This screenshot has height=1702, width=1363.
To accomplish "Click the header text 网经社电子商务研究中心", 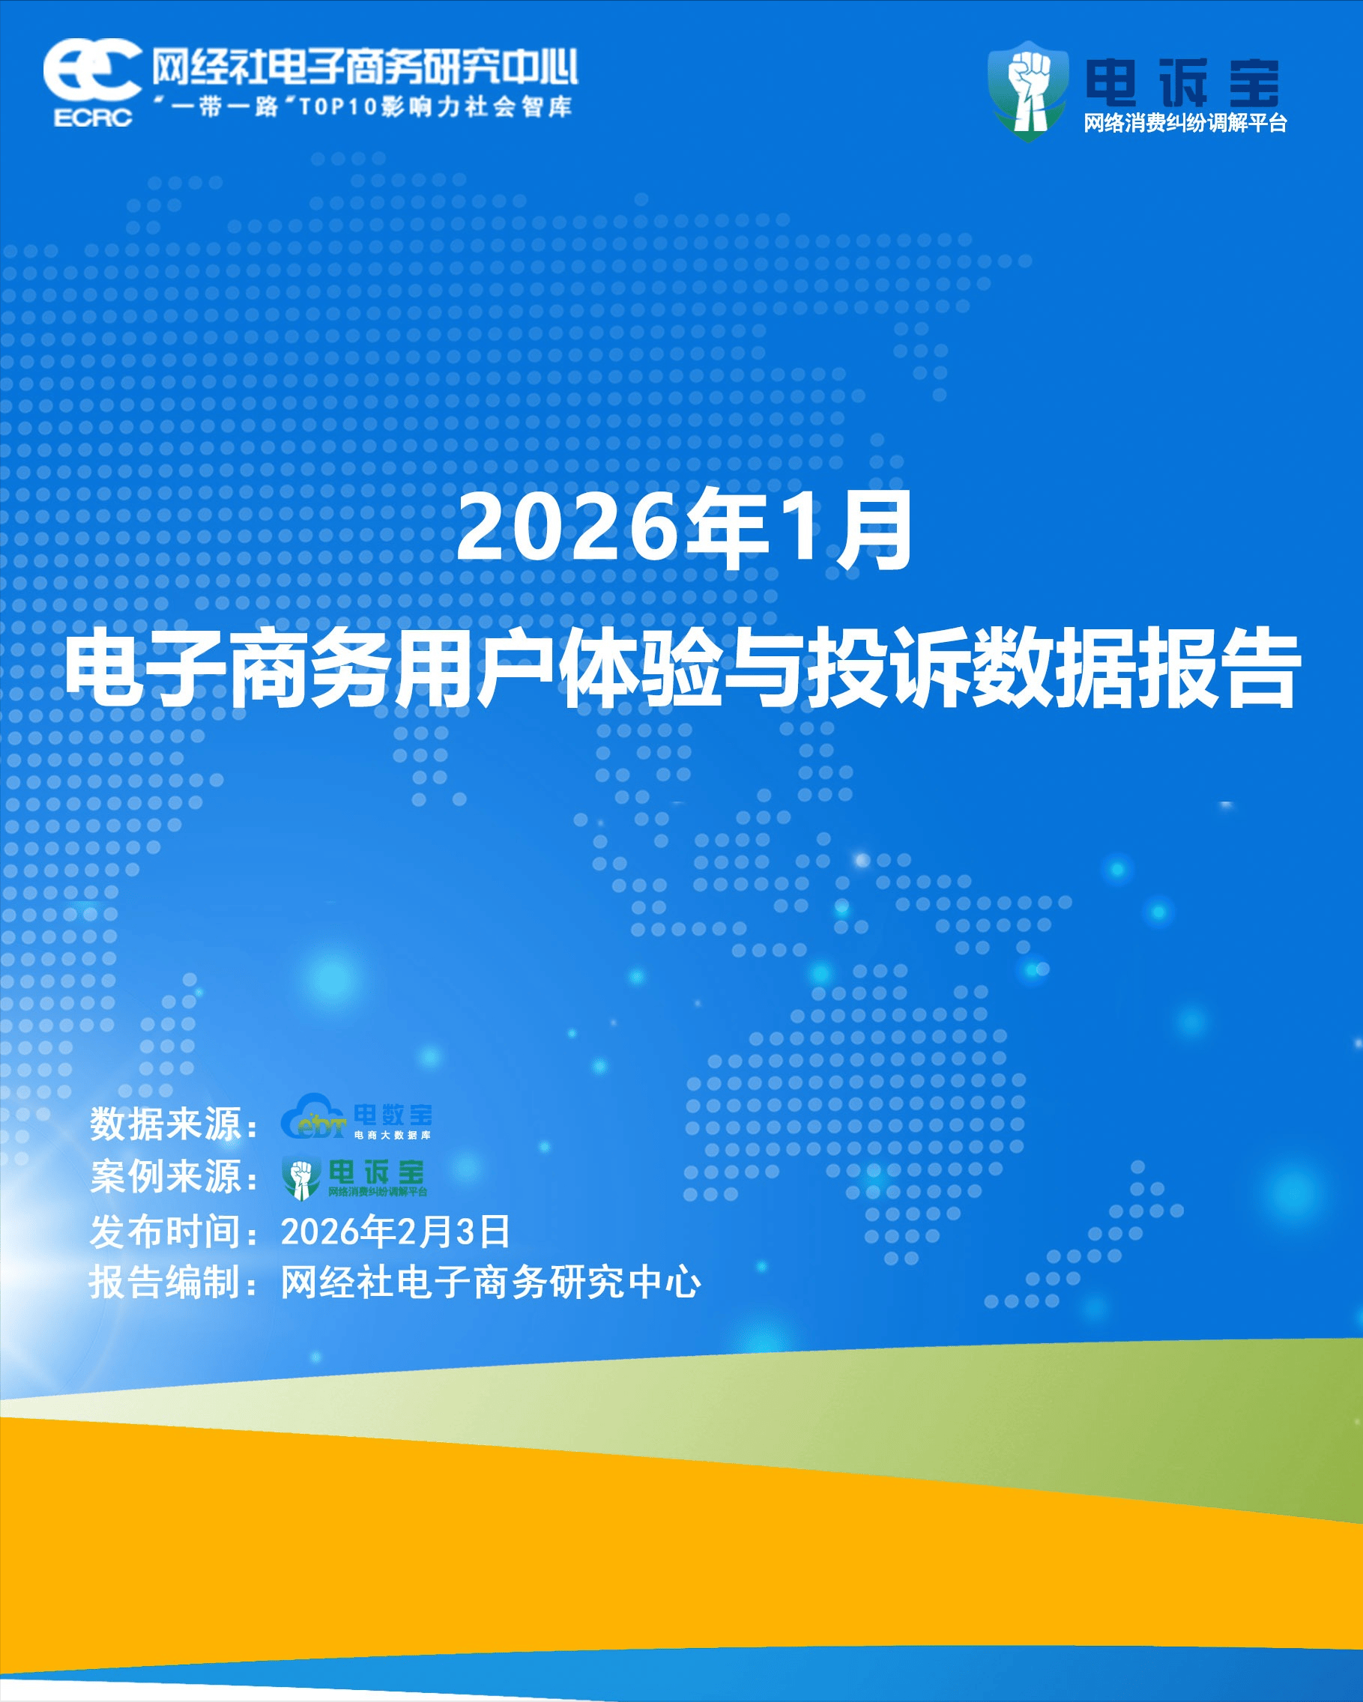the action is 365,67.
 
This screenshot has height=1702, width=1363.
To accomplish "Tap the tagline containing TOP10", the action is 363,106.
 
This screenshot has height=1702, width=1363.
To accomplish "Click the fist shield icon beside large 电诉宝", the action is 1027,91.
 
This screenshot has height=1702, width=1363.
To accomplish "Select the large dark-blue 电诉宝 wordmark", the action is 1182,83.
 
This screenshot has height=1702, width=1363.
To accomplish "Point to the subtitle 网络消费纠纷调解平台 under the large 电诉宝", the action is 1185,123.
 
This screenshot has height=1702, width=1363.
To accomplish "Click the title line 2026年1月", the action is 684,530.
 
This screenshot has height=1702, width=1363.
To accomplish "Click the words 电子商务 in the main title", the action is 229,667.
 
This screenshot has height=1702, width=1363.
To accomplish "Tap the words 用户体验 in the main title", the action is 558,667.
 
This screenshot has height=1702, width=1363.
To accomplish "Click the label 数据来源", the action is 166,1124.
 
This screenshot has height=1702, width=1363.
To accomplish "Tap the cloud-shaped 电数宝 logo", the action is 356,1117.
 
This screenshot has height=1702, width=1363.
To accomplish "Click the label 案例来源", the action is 166,1177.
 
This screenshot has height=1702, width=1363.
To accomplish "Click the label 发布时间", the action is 166,1232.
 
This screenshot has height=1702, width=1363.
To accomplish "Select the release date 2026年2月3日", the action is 396,1232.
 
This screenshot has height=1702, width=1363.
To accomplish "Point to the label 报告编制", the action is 166,1282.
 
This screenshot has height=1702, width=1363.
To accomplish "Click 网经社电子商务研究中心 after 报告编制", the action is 490,1282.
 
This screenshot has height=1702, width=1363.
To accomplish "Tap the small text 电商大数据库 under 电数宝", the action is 393,1135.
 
